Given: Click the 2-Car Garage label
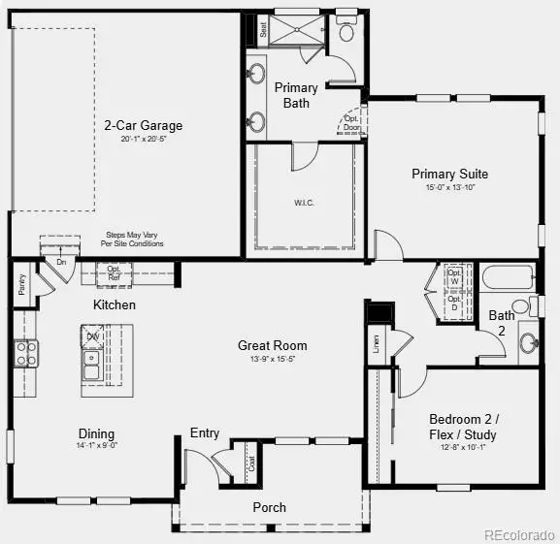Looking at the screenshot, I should (144, 125).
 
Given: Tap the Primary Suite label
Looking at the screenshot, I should (449, 175).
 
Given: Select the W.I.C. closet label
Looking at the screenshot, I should (305, 203).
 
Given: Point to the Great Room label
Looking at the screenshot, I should (273, 345).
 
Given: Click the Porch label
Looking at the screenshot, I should (270, 507).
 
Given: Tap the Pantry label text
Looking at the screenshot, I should (20, 285).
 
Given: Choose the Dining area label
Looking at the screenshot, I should (96, 433).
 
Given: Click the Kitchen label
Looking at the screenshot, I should (115, 304).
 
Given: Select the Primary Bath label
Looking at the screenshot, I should (296, 95).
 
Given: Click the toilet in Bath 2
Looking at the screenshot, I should (523, 307).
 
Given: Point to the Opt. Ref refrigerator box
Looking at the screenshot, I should (114, 273).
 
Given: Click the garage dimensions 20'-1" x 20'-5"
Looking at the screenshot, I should (144, 140).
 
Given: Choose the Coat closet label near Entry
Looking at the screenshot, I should (250, 464).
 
